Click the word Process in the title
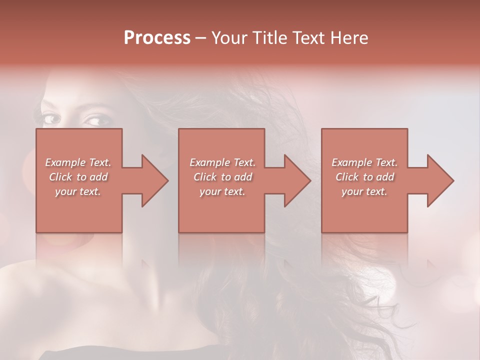point(157,38)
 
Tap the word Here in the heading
point(349,38)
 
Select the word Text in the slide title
point(309,38)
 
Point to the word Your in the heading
point(229,38)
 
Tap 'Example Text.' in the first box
point(78,162)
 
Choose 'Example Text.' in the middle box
point(222,162)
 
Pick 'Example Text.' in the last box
point(364,162)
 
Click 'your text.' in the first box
point(78,191)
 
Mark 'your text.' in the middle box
point(222,191)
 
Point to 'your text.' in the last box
point(364,191)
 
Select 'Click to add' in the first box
point(78,177)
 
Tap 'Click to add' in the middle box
point(222,177)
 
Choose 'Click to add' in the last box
point(364,177)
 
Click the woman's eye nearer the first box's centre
point(94,121)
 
